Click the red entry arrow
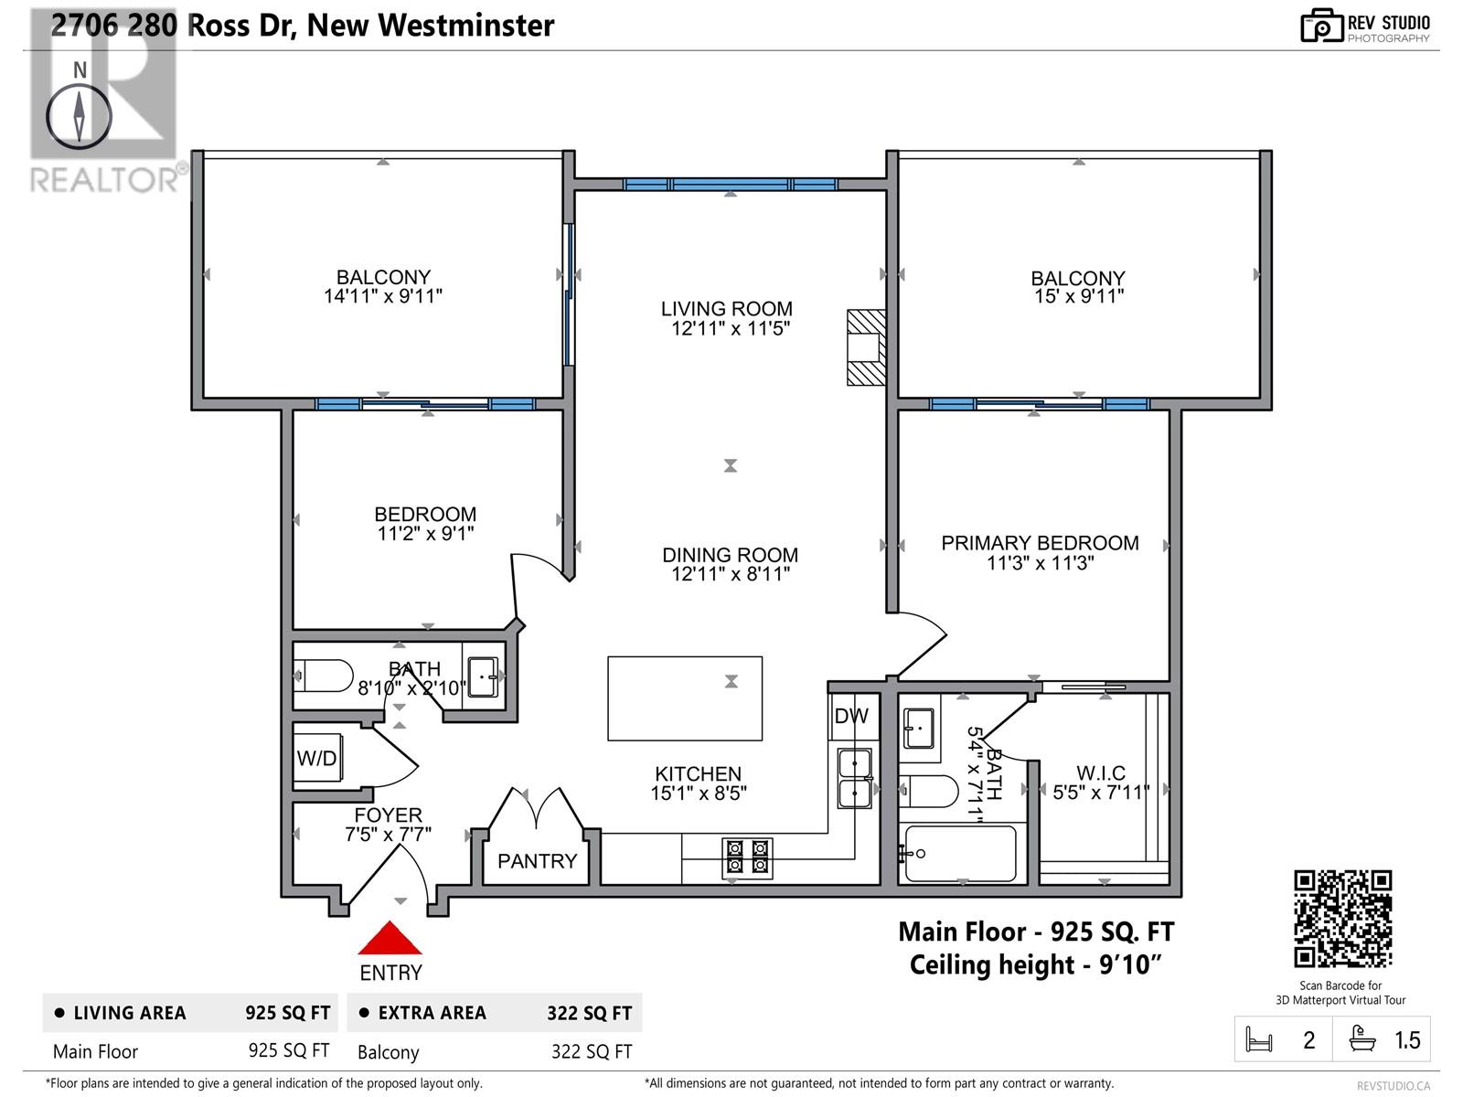click(x=390, y=939)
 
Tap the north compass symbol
click(x=80, y=117)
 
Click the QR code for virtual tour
click(x=1342, y=919)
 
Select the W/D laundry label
click(x=316, y=759)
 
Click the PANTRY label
click(x=537, y=861)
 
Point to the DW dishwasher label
click(x=850, y=717)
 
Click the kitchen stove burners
click(x=747, y=857)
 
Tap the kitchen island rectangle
click(x=685, y=698)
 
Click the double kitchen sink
click(x=855, y=778)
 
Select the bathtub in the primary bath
click(x=958, y=854)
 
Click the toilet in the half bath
click(x=325, y=676)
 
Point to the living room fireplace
click(x=866, y=347)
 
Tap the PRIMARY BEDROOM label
click(x=1040, y=543)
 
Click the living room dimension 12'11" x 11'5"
click(x=730, y=329)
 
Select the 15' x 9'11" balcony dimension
click(x=1078, y=296)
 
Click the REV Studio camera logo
click(x=1321, y=26)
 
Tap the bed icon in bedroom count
click(x=1259, y=1040)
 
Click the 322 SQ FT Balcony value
click(x=591, y=1051)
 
